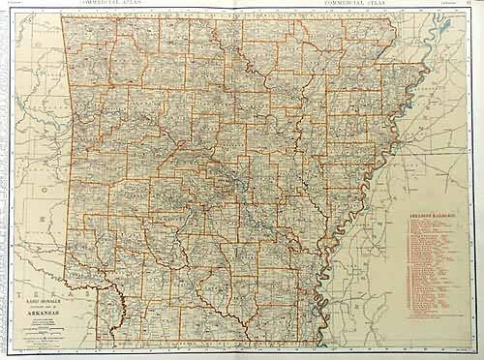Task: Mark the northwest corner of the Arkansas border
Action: [61, 16]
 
